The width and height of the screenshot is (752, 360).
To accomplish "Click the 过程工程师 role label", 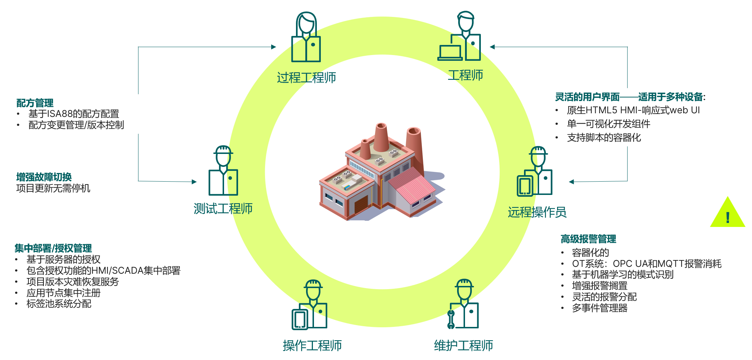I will tap(306, 77).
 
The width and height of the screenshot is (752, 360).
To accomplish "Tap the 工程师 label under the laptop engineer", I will tap(465, 75).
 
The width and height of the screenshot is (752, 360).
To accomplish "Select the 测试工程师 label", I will tap(223, 209).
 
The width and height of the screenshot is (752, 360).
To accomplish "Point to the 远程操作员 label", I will tap(537, 212).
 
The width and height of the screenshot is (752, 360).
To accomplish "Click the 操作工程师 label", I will tap(312, 346).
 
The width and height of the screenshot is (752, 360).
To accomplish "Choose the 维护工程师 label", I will tap(463, 346).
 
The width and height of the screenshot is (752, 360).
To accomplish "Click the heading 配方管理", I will tap(35, 103).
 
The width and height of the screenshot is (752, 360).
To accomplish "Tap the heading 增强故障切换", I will tap(44, 177).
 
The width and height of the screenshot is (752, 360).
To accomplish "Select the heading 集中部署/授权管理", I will tap(53, 248).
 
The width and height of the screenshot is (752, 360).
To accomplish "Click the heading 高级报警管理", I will tap(588, 239).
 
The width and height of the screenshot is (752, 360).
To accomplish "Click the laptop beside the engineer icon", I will tap(450, 53).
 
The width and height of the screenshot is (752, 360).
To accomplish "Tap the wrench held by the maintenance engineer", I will tap(451, 319).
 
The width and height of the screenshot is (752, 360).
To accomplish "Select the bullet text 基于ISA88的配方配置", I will tap(74, 114).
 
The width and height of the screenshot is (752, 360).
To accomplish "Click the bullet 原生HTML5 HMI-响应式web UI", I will tap(633, 110).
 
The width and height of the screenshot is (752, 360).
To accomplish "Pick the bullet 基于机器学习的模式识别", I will tap(623, 275).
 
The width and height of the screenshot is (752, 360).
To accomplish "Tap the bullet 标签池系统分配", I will tap(59, 304).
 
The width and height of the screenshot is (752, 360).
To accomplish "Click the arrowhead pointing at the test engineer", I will tap(194, 182).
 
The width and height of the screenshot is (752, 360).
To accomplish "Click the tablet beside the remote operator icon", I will tap(524, 186).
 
